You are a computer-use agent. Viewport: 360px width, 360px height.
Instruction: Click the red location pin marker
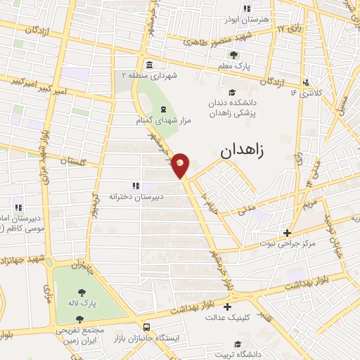pyautogui.click(x=181, y=165)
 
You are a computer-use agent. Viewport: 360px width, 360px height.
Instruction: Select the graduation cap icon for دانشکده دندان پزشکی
pyautogui.click(x=232, y=91)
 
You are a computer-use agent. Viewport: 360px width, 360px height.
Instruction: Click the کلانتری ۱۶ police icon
pyautogui.click(x=305, y=82)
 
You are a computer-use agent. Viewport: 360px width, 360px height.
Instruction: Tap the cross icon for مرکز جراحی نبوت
pyautogui.click(x=287, y=233)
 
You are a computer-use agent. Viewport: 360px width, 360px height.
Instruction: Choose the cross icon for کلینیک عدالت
pyautogui.click(x=226, y=307)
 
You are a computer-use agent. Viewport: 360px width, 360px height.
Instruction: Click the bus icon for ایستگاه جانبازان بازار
pyautogui.click(x=146, y=327)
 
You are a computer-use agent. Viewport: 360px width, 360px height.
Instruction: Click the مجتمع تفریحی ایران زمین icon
pyautogui.click(x=79, y=319)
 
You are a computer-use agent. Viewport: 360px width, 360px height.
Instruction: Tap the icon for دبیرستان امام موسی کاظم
pyautogui.click(x=18, y=207)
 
